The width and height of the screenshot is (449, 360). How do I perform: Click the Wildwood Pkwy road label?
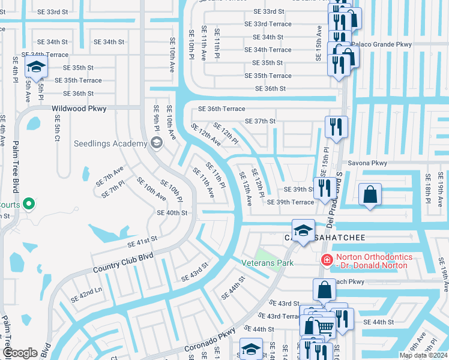[x=79, y=109]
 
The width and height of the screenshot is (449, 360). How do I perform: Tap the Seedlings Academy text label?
[x=110, y=143]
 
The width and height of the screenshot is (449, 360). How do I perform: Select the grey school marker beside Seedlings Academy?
[x=157, y=142]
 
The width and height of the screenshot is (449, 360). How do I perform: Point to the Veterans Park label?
[x=267, y=262]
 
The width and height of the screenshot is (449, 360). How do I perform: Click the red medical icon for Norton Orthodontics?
[x=327, y=260]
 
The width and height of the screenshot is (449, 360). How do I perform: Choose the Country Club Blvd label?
[x=123, y=263]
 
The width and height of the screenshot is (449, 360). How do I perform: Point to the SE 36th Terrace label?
[x=222, y=109]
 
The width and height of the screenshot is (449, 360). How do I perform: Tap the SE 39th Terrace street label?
[x=291, y=202]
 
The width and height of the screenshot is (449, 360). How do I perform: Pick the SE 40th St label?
[x=172, y=212]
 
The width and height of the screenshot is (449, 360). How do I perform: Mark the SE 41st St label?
[x=142, y=241]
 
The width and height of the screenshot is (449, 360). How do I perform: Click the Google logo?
[x=20, y=353]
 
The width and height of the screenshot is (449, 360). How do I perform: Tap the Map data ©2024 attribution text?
[x=423, y=355]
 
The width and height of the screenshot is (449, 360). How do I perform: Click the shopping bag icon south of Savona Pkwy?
[x=370, y=195]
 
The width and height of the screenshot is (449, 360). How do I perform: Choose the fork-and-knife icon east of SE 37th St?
[x=335, y=127]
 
